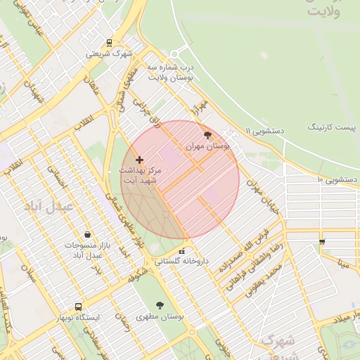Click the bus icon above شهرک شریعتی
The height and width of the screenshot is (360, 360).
pyautogui.click(x=108, y=42)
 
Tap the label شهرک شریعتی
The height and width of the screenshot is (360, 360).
pyautogui.click(x=109, y=53)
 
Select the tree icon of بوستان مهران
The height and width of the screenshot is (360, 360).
pyautogui.click(x=207, y=135)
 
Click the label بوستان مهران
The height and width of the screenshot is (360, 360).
pyautogui.click(x=207, y=146)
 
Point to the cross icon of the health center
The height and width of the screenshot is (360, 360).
pyautogui.click(x=139, y=160)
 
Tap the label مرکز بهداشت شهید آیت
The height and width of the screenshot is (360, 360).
pyautogui.click(x=140, y=175)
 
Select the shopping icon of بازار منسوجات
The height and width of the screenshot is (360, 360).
pyautogui.click(x=87, y=235)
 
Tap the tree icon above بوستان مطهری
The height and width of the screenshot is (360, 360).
pyautogui.click(x=161, y=305)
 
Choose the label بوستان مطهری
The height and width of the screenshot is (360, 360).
pyautogui.click(x=161, y=317)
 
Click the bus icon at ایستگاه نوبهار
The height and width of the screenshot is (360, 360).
pyautogui.click(x=78, y=307)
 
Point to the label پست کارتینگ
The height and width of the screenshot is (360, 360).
pyautogui.click(x=333, y=127)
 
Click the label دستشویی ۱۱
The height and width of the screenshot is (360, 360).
pyautogui.click(x=264, y=131)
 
